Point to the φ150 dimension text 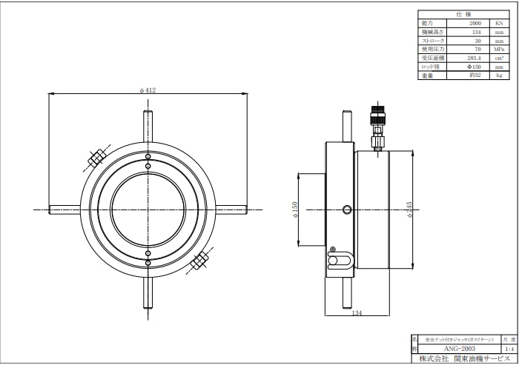tap(295, 210)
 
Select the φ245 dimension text tap(409, 210)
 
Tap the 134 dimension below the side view tap(357, 313)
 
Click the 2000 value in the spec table tap(475, 24)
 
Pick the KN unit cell tap(499, 24)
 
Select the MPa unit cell tap(499, 49)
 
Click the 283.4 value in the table tap(475, 58)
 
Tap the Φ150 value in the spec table tap(475, 67)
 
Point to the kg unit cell tap(499, 75)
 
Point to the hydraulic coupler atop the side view tap(377, 126)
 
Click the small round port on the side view tap(348, 210)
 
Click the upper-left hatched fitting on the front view tap(96, 158)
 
